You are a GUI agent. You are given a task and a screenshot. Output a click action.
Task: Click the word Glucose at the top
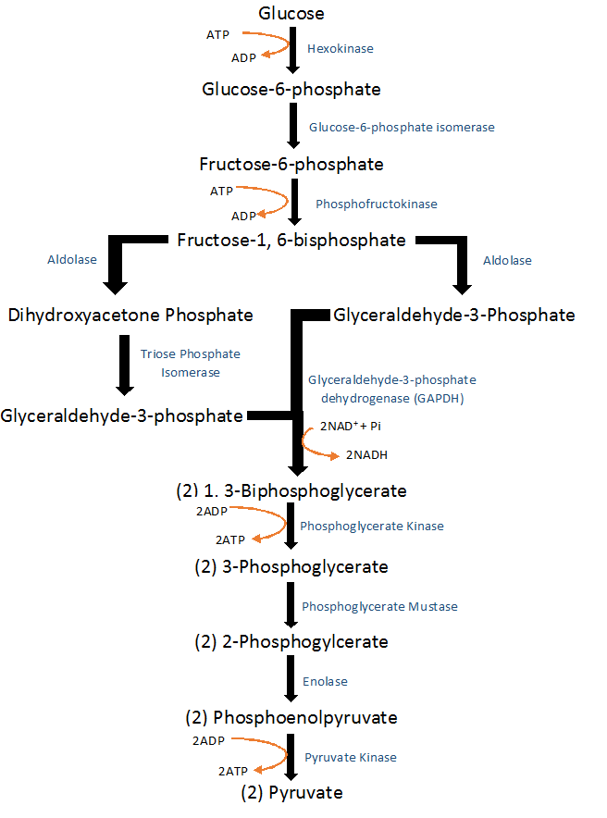tap(291, 13)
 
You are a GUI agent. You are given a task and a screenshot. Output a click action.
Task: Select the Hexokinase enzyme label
tap(341, 48)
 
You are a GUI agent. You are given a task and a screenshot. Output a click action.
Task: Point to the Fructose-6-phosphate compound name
tap(291, 165)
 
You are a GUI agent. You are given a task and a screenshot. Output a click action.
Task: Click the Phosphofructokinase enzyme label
tap(377, 204)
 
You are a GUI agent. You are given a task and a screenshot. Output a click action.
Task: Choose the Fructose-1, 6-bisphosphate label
tap(291, 241)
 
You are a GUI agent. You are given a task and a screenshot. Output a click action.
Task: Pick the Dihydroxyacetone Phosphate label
tap(130, 316)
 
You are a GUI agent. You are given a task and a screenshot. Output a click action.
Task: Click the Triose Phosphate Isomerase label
tap(191, 363)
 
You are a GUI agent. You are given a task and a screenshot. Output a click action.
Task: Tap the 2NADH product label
tap(365, 455)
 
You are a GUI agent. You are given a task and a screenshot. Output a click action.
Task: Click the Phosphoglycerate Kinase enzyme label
tap(372, 526)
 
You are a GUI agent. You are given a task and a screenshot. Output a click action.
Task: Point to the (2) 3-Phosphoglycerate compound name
tap(291, 566)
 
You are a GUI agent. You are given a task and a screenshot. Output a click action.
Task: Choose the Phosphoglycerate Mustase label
tap(379, 606)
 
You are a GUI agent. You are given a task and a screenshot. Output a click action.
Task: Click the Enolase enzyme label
tap(325, 681)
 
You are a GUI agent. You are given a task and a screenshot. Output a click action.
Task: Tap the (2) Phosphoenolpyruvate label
tap(291, 718)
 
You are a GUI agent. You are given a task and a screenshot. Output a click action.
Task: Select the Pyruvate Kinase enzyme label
tap(351, 757)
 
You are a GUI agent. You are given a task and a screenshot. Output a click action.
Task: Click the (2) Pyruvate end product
tap(291, 793)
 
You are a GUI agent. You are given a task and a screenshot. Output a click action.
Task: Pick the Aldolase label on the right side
tap(507, 261)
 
